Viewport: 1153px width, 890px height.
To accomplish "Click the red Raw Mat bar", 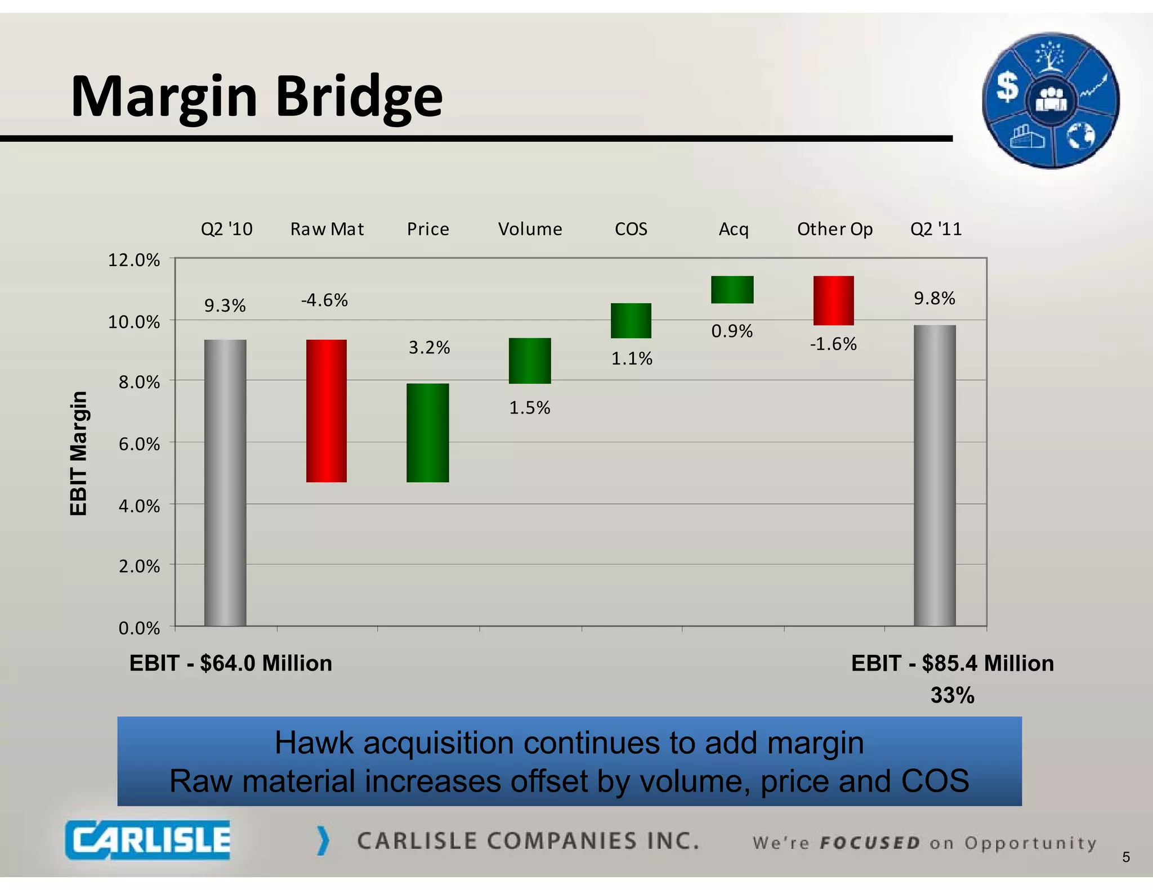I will [326, 411].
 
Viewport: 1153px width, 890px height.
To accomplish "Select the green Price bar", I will [427, 433].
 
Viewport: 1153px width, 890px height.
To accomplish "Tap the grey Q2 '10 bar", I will [225, 482].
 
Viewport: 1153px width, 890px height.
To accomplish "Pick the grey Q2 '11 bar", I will [935, 475].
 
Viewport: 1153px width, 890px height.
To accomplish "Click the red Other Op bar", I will [833, 300].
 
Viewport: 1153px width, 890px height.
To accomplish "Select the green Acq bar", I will [732, 290].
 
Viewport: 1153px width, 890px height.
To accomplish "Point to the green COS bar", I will [631, 321].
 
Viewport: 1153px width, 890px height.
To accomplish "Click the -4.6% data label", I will [324, 300].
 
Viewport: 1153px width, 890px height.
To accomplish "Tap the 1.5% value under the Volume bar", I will [529, 407].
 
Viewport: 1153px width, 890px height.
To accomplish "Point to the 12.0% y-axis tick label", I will [134, 260].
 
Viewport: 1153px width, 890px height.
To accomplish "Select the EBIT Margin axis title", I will [79, 453].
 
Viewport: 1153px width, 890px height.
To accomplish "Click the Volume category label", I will [530, 229].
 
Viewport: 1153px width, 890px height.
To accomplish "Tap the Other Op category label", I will [834, 229].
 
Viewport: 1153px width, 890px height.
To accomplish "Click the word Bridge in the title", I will [359, 97].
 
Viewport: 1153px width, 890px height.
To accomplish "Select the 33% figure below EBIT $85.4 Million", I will [952, 695].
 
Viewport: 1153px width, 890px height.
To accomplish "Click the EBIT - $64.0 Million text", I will [231, 663].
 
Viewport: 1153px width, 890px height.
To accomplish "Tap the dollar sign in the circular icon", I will [1007, 88].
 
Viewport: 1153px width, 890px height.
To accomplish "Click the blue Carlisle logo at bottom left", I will [148, 840].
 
